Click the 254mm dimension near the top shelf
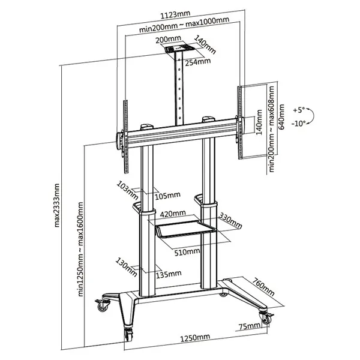pyautogui.click(x=200, y=61)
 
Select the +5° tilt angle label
pyautogui.click(x=299, y=110)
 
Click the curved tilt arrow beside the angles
pyautogui.click(x=315, y=116)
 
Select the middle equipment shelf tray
pyautogui.click(x=187, y=229)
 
